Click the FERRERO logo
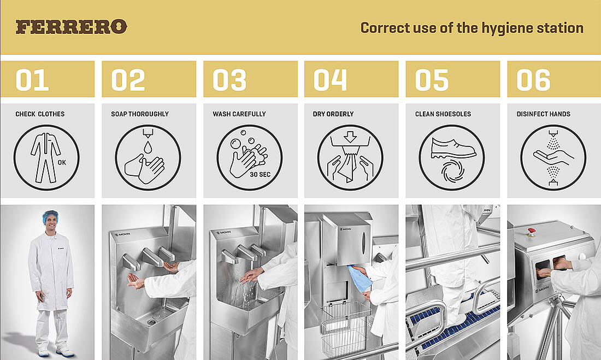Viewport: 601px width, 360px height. (x=72, y=26)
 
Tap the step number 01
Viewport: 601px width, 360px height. (x=32, y=80)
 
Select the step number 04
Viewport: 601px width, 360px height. (x=330, y=80)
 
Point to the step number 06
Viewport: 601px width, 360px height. (x=533, y=80)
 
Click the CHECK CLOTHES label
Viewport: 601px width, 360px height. (x=40, y=114)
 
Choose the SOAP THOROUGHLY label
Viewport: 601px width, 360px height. (x=140, y=114)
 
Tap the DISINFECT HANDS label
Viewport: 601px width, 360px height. (x=543, y=114)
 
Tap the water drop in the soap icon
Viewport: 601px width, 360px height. (x=148, y=147)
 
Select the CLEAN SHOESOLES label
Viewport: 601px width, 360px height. (x=443, y=114)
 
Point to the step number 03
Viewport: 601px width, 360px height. (x=229, y=80)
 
